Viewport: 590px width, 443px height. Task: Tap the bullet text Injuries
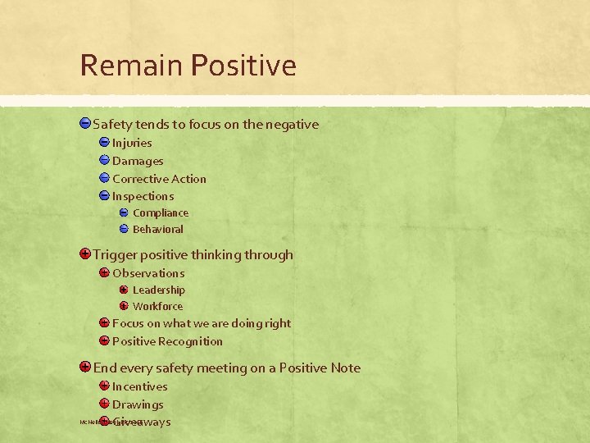coord(132,143)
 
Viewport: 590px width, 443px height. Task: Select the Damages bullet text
coord(138,161)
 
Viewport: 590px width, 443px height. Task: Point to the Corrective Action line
coord(159,179)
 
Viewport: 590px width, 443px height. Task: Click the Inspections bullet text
coord(143,196)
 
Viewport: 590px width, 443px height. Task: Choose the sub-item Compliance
coord(160,213)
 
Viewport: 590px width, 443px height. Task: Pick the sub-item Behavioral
coord(157,230)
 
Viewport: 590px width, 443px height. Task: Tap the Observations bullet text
coord(148,273)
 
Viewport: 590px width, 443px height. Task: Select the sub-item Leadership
coord(158,290)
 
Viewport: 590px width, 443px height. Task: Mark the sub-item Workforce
coord(157,306)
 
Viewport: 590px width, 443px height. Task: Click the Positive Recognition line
coord(167,341)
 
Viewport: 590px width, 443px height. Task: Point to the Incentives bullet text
coord(139,386)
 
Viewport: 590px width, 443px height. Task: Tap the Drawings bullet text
coord(138,404)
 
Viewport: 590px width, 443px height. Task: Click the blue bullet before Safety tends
coord(85,124)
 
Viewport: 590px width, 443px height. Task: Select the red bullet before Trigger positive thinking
coord(85,254)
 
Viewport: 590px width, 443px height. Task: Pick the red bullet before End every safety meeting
coord(85,368)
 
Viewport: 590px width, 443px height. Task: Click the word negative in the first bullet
coord(292,125)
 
